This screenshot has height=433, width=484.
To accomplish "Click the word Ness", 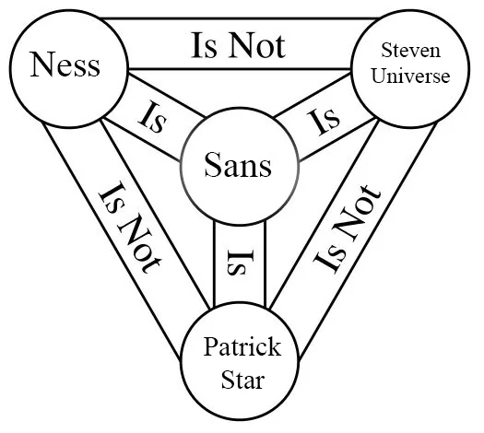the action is point(65,64).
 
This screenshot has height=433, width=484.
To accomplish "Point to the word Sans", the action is point(238,165).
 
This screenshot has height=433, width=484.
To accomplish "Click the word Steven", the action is point(410,50).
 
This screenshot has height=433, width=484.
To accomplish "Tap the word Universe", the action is point(410,76).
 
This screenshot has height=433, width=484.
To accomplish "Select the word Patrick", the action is point(242,346).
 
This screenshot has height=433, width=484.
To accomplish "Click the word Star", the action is point(243,380).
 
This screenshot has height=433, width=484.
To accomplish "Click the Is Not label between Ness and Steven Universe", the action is point(238,46).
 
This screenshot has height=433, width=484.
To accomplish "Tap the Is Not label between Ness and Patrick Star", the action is point(130,228).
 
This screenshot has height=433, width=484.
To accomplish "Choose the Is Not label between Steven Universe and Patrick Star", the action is point(347,228).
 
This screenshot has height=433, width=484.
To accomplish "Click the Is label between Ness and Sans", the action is point(153,117).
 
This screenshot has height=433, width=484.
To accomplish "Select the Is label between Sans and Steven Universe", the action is point(324,122).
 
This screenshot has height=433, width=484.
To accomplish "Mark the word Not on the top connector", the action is point(257,46).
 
